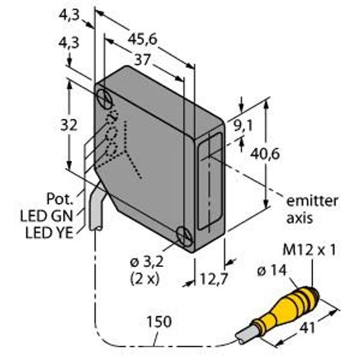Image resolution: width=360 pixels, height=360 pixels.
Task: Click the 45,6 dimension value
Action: point(142,39)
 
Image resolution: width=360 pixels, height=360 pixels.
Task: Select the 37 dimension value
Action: point(142,59)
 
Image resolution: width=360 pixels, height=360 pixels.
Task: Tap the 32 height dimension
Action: point(68,125)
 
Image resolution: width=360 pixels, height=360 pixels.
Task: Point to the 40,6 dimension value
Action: point(265,154)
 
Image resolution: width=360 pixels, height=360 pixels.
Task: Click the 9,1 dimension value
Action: point(244,126)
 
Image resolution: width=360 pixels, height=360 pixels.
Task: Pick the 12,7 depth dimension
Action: point(214,279)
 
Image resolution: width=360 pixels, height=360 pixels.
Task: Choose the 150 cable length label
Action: point(159,322)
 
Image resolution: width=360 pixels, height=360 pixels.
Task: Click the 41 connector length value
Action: point(307,328)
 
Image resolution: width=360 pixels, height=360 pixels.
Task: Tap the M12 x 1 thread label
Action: point(309,250)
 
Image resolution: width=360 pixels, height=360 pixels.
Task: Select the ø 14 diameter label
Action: point(272,271)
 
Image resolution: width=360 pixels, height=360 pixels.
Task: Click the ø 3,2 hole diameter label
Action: point(147,262)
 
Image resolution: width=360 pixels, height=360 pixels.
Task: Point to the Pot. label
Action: point(59,199)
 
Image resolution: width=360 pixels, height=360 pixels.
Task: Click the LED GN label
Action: point(47,216)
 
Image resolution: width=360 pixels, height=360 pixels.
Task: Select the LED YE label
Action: point(49,233)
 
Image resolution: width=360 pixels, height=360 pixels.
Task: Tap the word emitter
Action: point(312,201)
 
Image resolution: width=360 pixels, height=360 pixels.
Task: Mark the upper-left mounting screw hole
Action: point(104,99)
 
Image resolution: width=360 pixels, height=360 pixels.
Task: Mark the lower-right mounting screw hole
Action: point(185,236)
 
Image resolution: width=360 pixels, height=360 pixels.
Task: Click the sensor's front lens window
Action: point(210,181)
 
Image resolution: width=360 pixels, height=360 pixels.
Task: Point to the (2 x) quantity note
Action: point(145,279)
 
